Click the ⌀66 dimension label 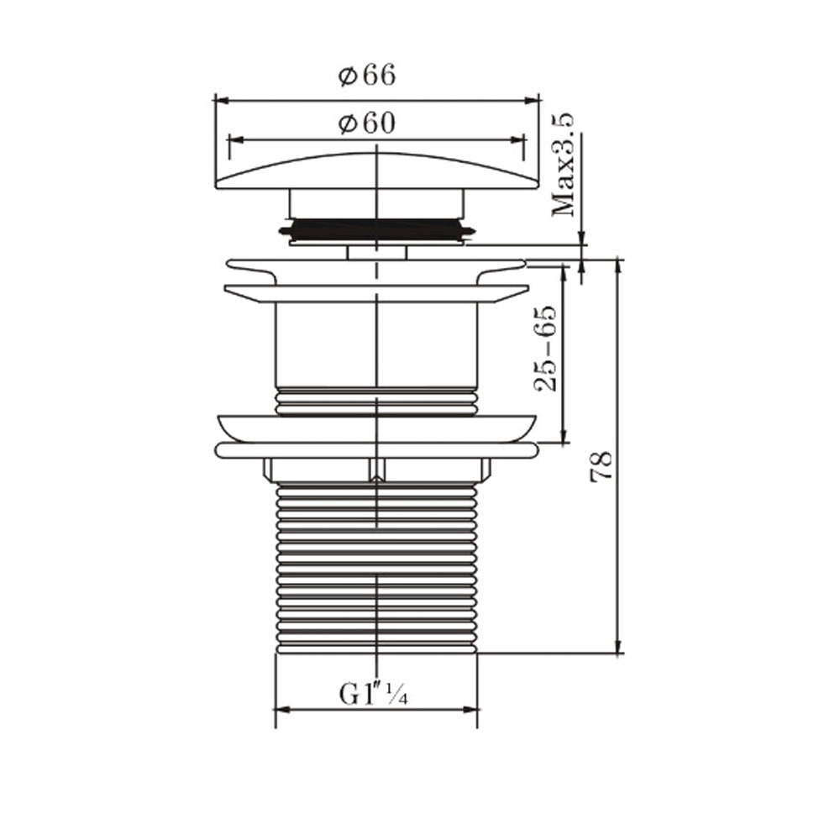pyautogui.click(x=367, y=76)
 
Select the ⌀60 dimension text pyautogui.click(x=367, y=123)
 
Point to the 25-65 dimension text pyautogui.click(x=545, y=349)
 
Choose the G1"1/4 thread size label pyautogui.click(x=374, y=694)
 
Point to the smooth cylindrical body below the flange pyautogui.click(x=376, y=344)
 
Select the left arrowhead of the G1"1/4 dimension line pyautogui.click(x=282, y=711)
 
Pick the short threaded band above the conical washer pyautogui.click(x=376, y=401)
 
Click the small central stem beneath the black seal pyautogui.click(x=376, y=252)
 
